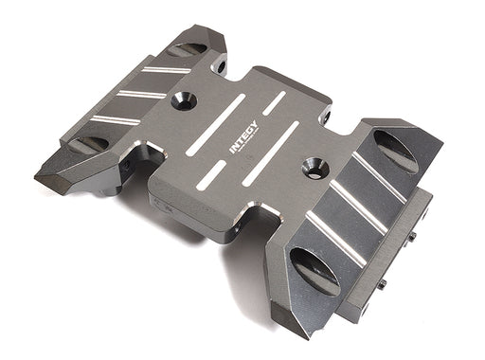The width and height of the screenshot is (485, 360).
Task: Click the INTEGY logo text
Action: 243,137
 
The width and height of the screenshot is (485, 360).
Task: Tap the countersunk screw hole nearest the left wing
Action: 184,101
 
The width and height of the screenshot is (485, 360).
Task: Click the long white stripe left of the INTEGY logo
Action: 216,125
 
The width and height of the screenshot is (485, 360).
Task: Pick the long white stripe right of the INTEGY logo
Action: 271,153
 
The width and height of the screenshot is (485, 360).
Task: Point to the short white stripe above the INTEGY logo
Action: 274,103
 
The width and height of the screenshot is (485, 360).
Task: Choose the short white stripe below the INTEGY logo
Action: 211,175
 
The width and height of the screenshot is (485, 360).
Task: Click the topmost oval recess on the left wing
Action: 187,49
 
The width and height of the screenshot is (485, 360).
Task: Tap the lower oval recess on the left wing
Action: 89,144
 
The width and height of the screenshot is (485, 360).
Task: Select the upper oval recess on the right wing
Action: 395,152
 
